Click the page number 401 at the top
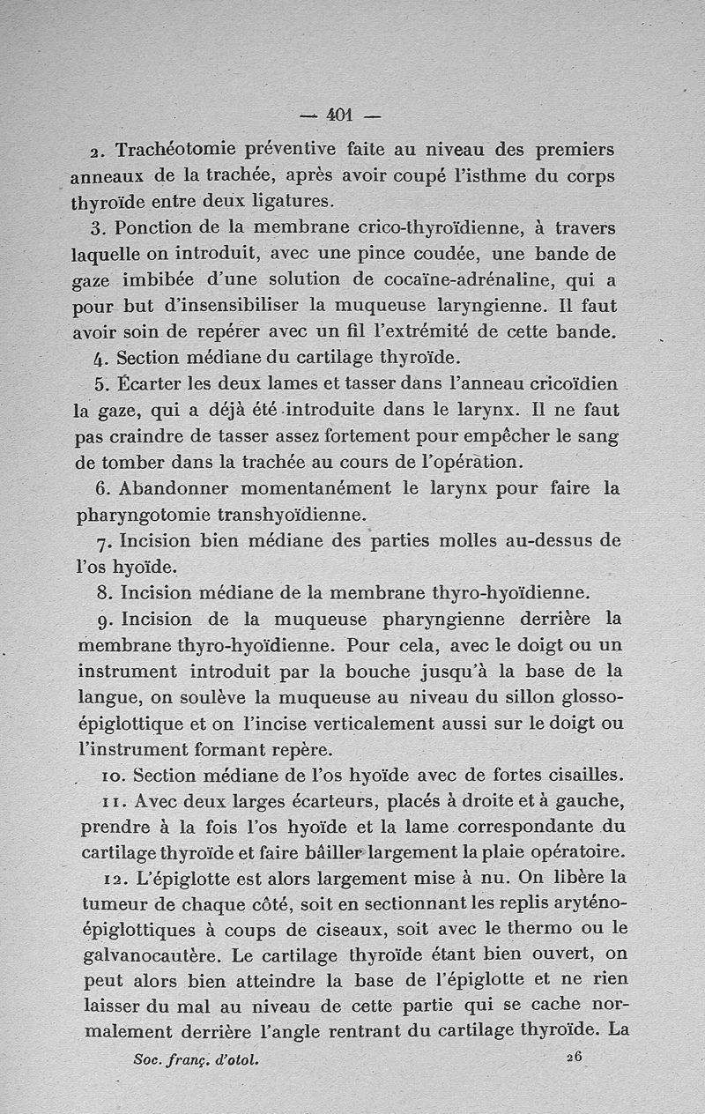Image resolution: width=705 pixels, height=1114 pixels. pos(339,114)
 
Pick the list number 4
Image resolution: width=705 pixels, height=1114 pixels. pos(98,360)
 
